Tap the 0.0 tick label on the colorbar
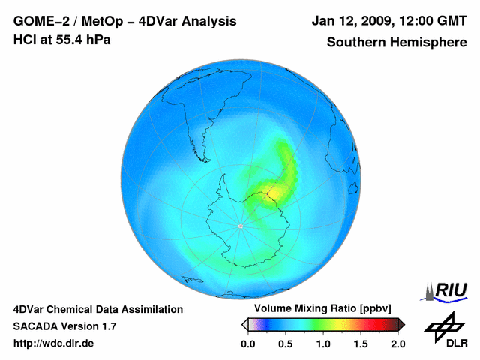[x=247, y=343]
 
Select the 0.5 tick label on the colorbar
[x=285, y=343]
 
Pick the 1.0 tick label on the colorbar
[x=322, y=343]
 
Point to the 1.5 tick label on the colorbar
[x=360, y=343]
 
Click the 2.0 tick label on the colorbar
[x=397, y=343]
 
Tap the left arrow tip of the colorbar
[x=244, y=325]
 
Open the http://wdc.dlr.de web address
[x=54, y=343]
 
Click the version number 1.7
[x=107, y=326]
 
